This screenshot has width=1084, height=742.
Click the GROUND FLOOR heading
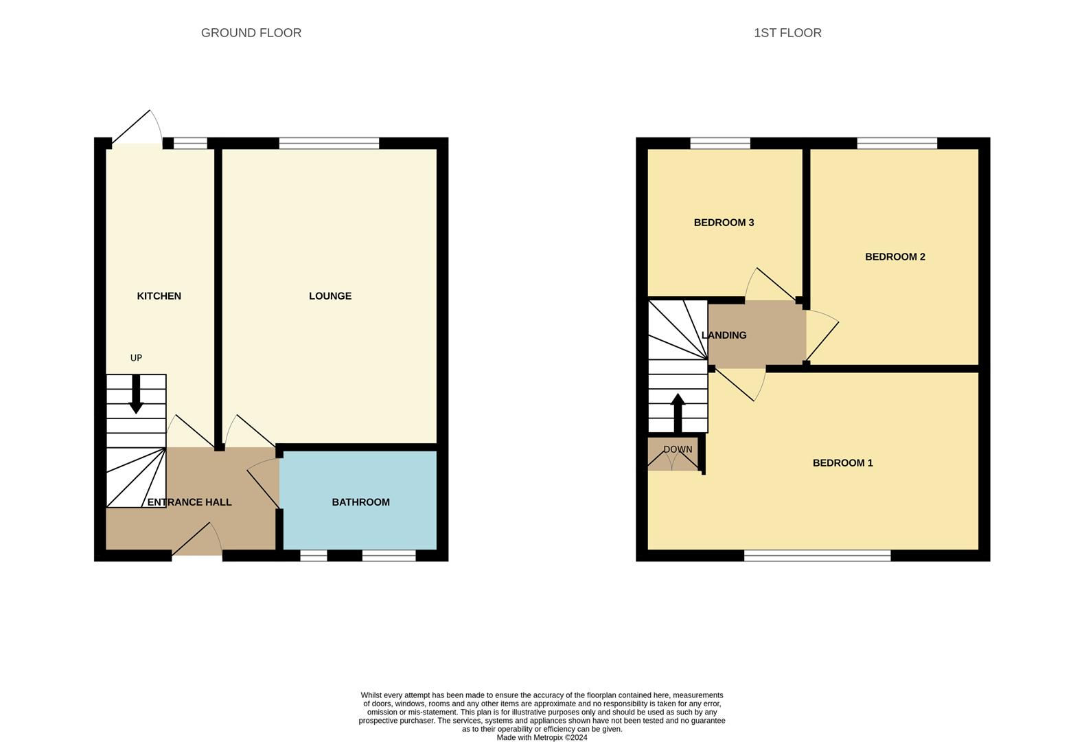click(x=251, y=33)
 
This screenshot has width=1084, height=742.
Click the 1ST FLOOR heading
click(x=787, y=33)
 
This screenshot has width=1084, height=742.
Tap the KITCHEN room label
click(x=159, y=296)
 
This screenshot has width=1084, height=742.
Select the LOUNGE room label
click(x=330, y=296)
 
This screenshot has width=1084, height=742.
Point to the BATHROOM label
click(x=360, y=502)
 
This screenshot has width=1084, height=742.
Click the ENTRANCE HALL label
click(x=189, y=502)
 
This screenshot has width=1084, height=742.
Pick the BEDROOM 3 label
click(x=724, y=223)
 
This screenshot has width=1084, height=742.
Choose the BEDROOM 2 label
click(x=895, y=257)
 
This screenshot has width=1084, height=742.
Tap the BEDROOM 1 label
click(x=842, y=463)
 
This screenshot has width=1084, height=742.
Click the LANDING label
click(x=724, y=335)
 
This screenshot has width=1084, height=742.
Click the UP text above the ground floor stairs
click(x=136, y=358)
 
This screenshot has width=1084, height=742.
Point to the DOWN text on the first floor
click(x=678, y=450)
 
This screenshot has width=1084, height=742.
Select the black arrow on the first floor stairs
click(x=678, y=412)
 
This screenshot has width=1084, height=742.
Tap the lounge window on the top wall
click(x=329, y=144)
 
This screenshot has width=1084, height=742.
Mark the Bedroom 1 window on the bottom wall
click(x=817, y=555)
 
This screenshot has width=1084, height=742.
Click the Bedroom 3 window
click(x=719, y=144)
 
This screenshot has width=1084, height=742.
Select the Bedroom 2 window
click(x=897, y=144)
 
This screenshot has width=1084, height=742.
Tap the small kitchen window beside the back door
click(x=190, y=144)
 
